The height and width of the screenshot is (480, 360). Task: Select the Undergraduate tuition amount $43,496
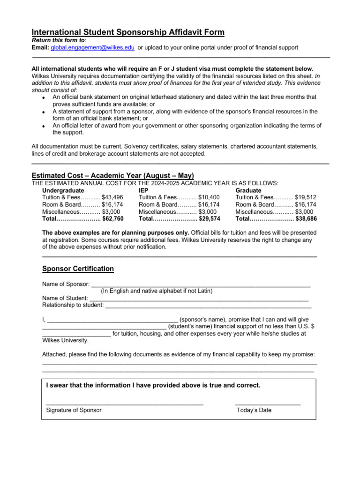click(x=112, y=197)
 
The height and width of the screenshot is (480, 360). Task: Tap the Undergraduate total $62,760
click(x=112, y=218)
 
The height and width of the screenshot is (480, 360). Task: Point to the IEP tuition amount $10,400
click(x=209, y=197)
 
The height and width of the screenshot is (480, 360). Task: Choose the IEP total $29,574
click(x=209, y=218)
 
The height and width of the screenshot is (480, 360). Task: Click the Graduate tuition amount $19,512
click(x=306, y=197)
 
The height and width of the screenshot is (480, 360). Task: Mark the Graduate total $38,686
click(x=306, y=218)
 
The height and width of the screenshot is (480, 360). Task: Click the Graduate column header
click(x=248, y=191)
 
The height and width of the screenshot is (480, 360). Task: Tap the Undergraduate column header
click(x=63, y=191)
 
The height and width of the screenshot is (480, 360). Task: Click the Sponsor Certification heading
click(x=78, y=269)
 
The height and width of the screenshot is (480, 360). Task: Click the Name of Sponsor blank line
click(x=201, y=284)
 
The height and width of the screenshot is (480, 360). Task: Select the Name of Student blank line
click(x=198, y=298)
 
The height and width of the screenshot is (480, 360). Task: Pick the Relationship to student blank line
click(x=209, y=305)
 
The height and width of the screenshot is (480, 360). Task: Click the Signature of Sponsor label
click(x=74, y=410)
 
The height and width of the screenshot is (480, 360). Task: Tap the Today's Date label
click(x=254, y=410)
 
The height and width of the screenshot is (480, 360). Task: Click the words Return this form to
click(x=55, y=40)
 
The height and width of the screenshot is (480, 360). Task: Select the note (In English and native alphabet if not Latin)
click(x=157, y=291)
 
